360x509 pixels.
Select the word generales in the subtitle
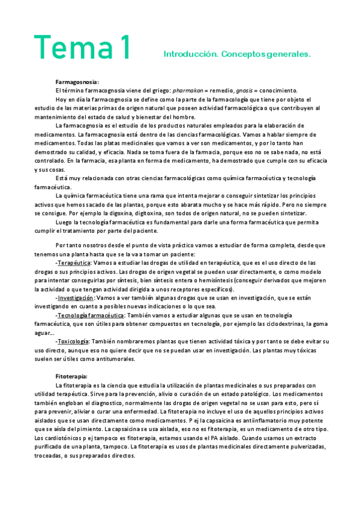click(x=290, y=54)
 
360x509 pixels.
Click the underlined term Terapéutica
click(x=73, y=263)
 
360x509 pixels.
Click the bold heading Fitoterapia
click(x=71, y=376)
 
